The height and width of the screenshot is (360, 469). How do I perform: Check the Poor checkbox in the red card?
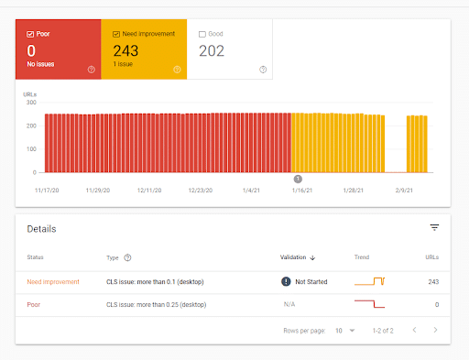point(30,34)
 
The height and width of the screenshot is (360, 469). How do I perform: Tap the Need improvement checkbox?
point(115,34)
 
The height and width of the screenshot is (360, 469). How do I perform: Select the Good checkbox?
point(202,34)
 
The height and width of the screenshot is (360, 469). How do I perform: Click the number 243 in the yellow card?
point(125,51)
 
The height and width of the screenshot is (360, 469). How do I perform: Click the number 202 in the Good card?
point(213,51)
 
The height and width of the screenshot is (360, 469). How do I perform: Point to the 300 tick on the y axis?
point(31,103)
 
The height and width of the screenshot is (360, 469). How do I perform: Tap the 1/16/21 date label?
point(302,191)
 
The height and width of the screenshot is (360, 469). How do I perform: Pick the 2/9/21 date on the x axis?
point(405,191)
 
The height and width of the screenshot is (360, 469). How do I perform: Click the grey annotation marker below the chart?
point(297,180)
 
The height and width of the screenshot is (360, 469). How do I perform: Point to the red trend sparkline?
point(369,303)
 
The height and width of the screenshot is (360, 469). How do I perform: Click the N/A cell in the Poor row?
point(288,304)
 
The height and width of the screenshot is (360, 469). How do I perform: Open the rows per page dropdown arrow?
point(352,329)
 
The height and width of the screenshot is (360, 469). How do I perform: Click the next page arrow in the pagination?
point(435,329)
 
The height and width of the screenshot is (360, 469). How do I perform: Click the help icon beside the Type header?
point(127,257)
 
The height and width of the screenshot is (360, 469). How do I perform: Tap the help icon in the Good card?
point(263,69)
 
